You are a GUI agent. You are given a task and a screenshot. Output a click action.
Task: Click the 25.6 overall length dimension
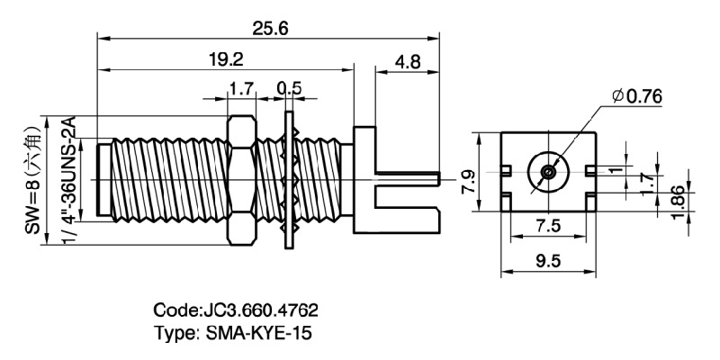(x=270, y=28)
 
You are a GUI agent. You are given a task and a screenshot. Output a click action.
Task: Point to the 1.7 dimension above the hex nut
(x=240, y=88)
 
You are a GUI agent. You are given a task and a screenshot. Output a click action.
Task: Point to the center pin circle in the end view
(x=546, y=172)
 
